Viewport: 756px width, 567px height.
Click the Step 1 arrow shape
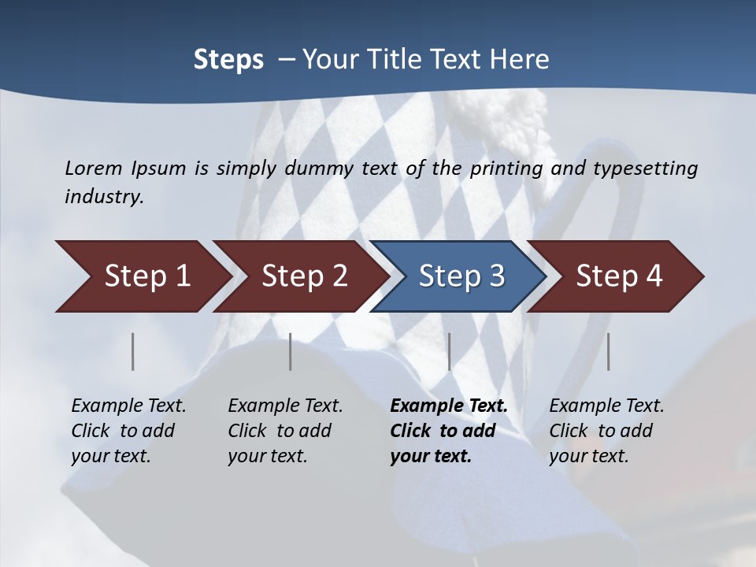pyautogui.click(x=142, y=276)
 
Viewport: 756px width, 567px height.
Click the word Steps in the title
pyautogui.click(x=228, y=60)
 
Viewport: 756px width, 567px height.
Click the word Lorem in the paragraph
pyautogui.click(x=94, y=168)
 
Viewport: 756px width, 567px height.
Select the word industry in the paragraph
pyautogui.click(x=104, y=196)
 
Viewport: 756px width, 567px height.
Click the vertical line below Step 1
pyautogui.click(x=133, y=351)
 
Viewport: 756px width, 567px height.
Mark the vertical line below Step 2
pyautogui.click(x=291, y=351)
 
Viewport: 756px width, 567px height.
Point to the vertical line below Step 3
pyautogui.click(x=449, y=351)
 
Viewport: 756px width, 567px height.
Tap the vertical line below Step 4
pyautogui.click(x=608, y=351)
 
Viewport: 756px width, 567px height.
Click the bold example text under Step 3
pyautogui.click(x=447, y=431)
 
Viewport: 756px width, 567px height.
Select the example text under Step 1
pyautogui.click(x=128, y=431)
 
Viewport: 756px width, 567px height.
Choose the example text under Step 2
pyautogui.click(x=285, y=431)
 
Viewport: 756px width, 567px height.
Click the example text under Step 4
pyautogui.click(x=606, y=431)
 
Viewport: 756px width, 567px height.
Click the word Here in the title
pyautogui.click(x=522, y=60)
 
